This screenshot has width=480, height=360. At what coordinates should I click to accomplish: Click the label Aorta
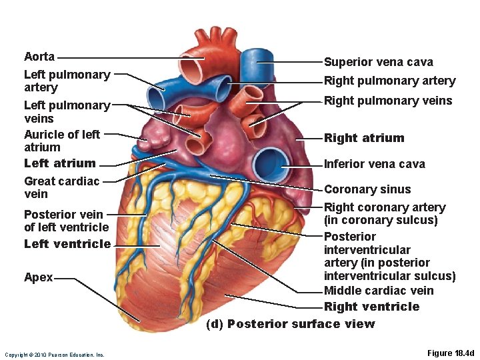pos(39,57)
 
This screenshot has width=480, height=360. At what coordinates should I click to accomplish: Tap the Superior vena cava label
pos(378,62)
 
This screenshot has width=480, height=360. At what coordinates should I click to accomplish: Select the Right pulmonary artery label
pos(389,81)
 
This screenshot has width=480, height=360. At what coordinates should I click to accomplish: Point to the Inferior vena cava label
pos(374,164)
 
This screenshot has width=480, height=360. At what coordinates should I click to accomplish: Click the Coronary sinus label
pos(367,189)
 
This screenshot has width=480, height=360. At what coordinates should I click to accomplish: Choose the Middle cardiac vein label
pos(378,291)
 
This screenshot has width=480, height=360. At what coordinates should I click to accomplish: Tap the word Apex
pos(38,277)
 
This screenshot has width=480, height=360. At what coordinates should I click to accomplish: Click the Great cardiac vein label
pos(61,187)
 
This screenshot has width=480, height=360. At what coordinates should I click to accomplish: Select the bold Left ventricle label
pos(67,244)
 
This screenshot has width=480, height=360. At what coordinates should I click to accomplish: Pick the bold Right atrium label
pos(364,138)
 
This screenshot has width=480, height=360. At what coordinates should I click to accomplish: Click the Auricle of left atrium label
pos(61,141)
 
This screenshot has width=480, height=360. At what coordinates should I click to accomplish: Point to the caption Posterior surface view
pos(291,324)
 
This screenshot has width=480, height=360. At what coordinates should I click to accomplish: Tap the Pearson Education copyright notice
pos(54,355)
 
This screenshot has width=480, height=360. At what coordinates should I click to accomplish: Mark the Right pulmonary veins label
pos(388,101)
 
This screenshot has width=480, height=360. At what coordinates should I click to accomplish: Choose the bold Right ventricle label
pos(371,307)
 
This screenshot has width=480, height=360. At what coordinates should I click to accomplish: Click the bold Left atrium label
pos(59,163)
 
